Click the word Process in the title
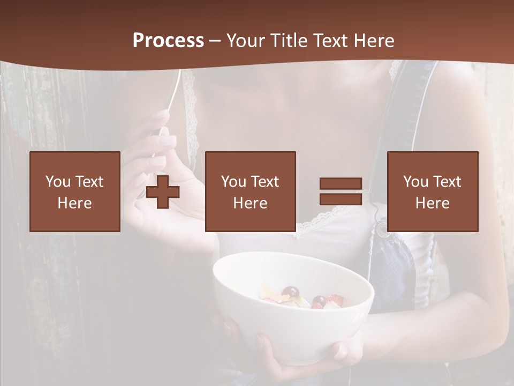pyautogui.click(x=168, y=41)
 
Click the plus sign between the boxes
pyautogui.click(x=163, y=191)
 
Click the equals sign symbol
pyautogui.click(x=341, y=191)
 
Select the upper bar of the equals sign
pyautogui.click(x=341, y=184)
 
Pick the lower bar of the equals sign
pyautogui.click(x=341, y=199)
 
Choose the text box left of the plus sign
pyautogui.click(x=75, y=191)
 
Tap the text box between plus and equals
pyautogui.click(x=251, y=191)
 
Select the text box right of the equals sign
pyautogui.click(x=433, y=191)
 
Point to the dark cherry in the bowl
pyautogui.click(x=290, y=293)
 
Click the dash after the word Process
pyautogui.click(x=215, y=41)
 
